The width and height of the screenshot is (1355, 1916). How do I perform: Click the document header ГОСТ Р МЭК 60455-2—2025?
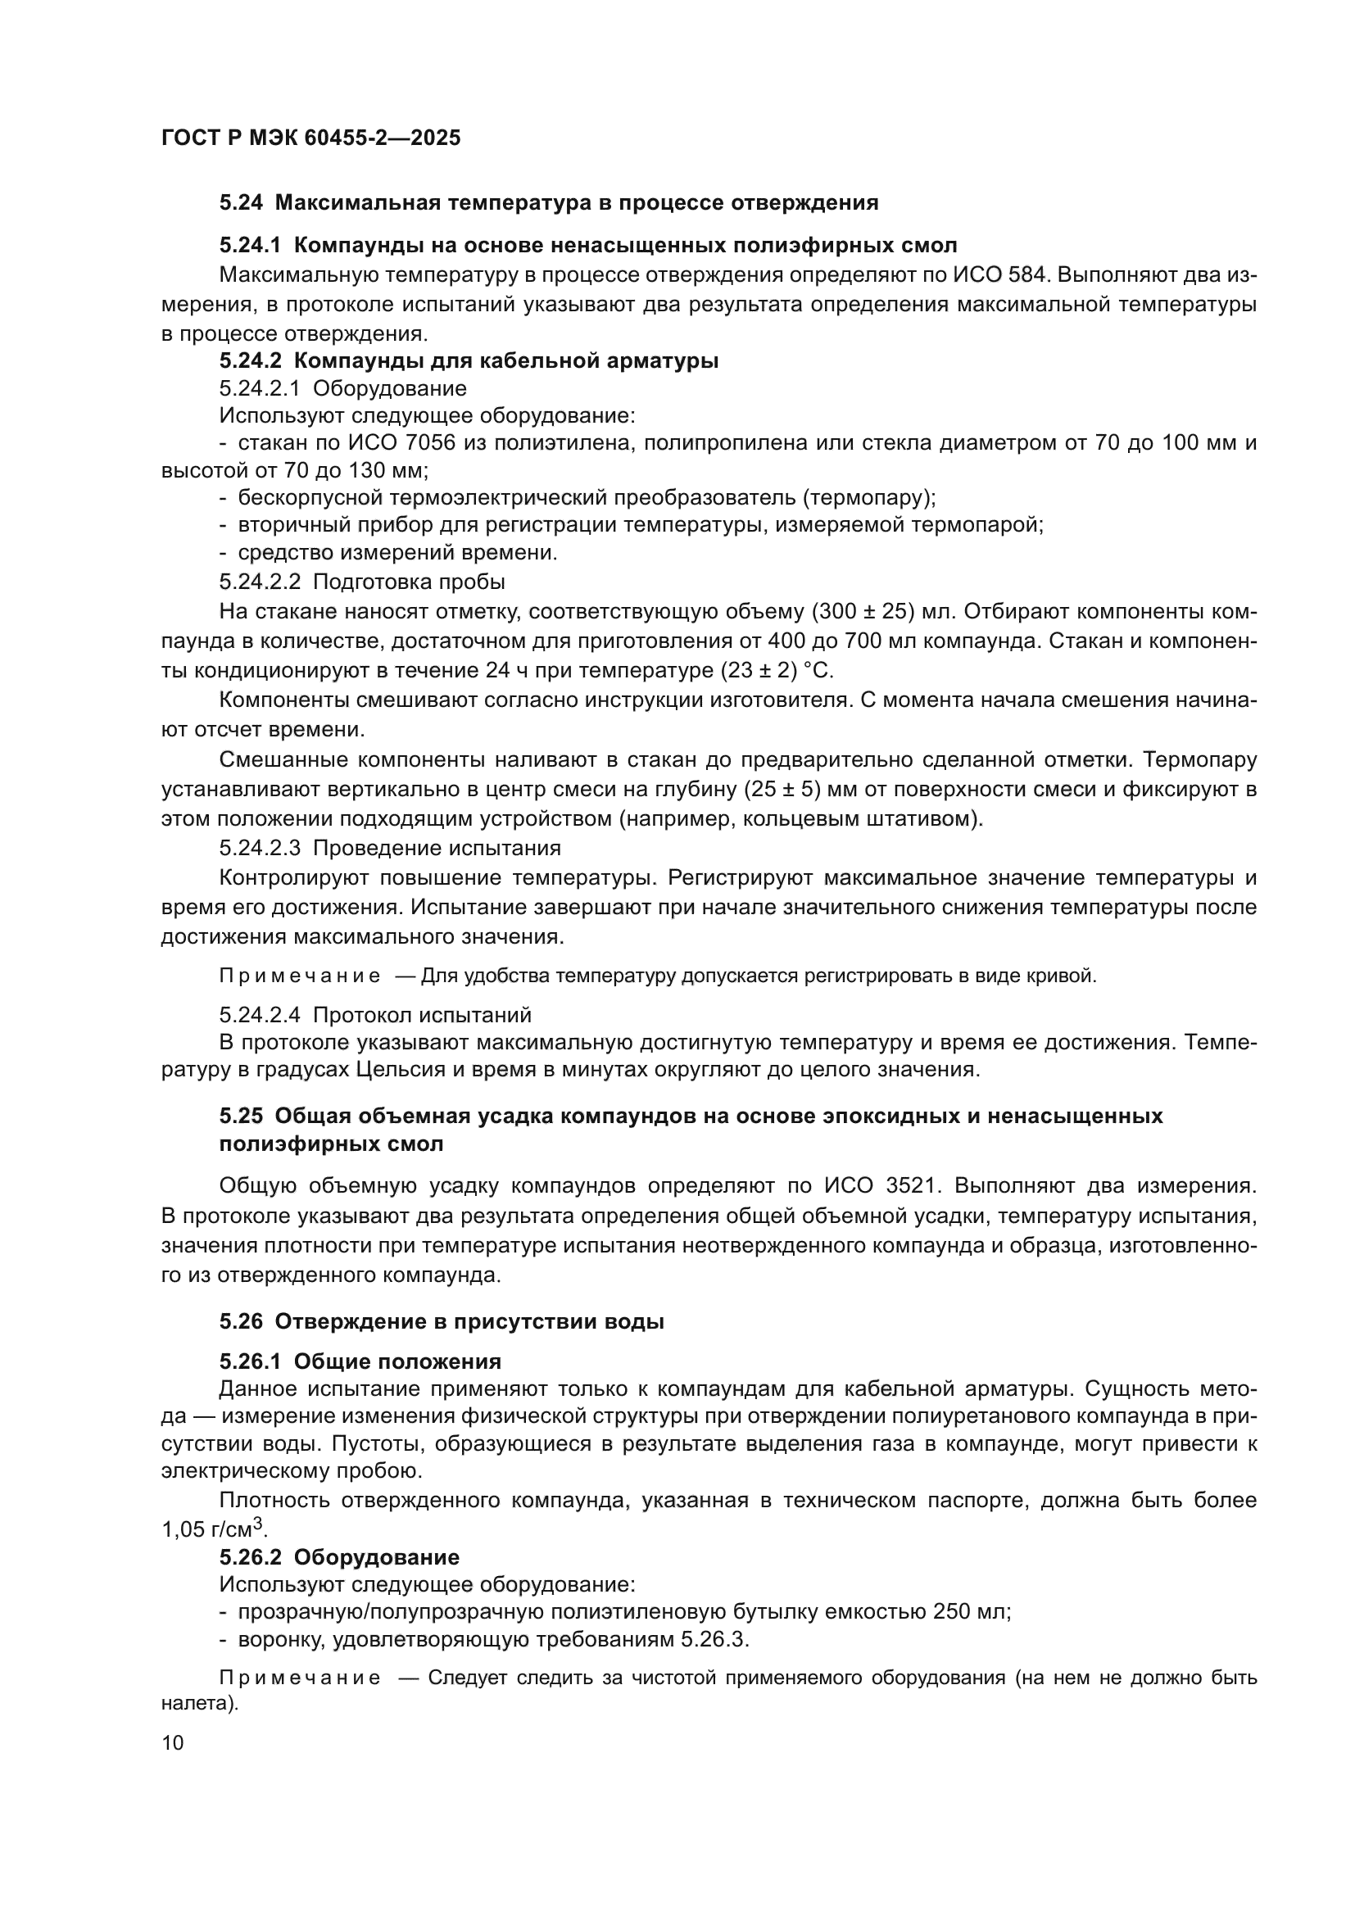310,138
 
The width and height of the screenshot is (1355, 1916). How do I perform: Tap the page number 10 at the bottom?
173,1742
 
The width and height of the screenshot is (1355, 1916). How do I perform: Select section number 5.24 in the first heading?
241,203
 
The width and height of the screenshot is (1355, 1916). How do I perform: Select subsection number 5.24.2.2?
260,581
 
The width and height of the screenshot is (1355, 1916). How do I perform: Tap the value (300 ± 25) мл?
885,612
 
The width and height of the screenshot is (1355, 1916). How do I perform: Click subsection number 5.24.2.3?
260,848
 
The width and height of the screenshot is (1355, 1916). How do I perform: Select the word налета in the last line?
197,1702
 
